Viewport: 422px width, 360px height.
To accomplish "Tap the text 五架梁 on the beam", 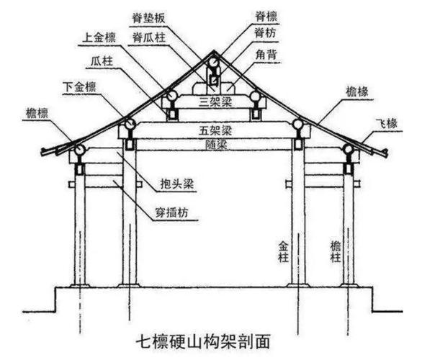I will point(214,130).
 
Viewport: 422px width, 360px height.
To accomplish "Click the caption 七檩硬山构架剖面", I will point(214,338).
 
